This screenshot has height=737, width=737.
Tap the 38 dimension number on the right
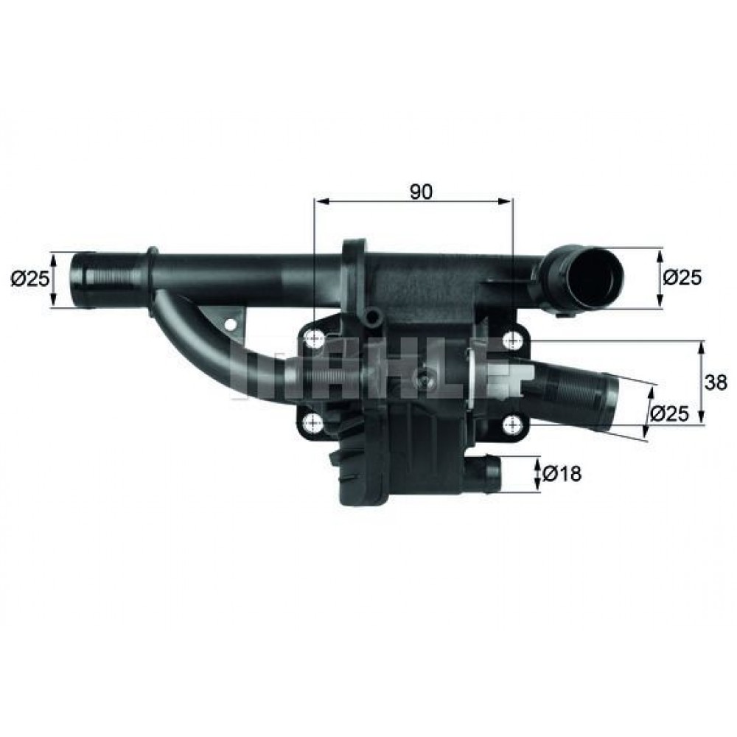click(716, 383)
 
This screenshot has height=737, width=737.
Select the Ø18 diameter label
click(562, 475)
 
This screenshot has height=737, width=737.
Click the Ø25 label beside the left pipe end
click(29, 278)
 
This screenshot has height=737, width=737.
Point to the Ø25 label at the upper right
click(682, 277)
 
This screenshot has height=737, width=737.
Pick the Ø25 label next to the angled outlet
click(670, 413)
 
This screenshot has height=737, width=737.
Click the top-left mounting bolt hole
click(314, 340)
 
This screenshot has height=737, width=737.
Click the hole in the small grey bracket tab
click(231, 324)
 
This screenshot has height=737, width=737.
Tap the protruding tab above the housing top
click(354, 251)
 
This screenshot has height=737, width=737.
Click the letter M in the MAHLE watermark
click(254, 376)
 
